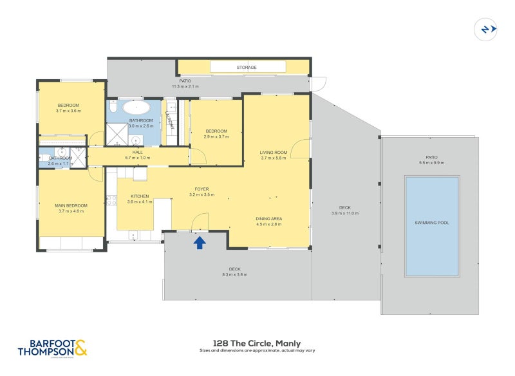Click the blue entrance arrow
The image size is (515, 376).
pos(200,242)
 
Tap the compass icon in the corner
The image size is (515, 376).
pos(485,29)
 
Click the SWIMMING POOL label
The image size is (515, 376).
pos(431,223)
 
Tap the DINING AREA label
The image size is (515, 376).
pos(268,219)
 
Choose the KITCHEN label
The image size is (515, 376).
pos(140,196)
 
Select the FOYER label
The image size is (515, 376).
pos(202,189)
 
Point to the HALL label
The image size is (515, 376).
pos(138,153)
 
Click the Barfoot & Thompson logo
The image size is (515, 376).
pos(53,348)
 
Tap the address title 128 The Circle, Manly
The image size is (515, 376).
pos(257,343)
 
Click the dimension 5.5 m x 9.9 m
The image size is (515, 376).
pos(431,162)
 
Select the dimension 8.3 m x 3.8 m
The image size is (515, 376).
pos(234,274)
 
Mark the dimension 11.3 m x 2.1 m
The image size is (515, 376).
pos(185,86)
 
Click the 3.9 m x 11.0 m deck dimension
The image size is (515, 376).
pos(345,213)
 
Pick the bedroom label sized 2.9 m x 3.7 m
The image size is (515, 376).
pos(216,136)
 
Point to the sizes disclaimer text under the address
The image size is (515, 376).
pos(257,352)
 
